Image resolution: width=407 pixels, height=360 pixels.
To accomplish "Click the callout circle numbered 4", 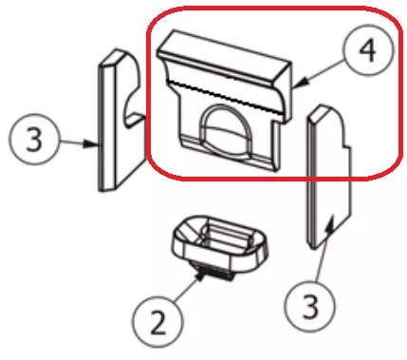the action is tap(369, 50).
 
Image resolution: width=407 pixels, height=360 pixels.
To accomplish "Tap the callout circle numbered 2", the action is tap(158, 321).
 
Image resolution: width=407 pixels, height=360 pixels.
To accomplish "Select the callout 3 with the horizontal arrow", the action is tap(34, 139).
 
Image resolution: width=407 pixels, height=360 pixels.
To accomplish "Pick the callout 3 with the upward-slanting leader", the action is tap(309, 306).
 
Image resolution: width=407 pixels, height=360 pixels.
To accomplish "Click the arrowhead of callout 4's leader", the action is tap(302, 83).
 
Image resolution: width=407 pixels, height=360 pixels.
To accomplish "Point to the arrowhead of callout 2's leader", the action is tap(199, 277).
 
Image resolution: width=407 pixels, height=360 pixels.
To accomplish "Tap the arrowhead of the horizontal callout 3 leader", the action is tap(92, 144).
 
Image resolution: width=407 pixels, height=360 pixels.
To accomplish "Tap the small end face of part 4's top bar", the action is tap(285, 75).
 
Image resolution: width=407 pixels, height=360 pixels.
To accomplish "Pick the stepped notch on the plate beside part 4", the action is tap(345, 145).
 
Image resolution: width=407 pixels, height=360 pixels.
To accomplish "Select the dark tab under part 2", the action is tap(215, 273).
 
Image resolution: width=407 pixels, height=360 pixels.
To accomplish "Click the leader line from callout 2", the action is tap(186, 289).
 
